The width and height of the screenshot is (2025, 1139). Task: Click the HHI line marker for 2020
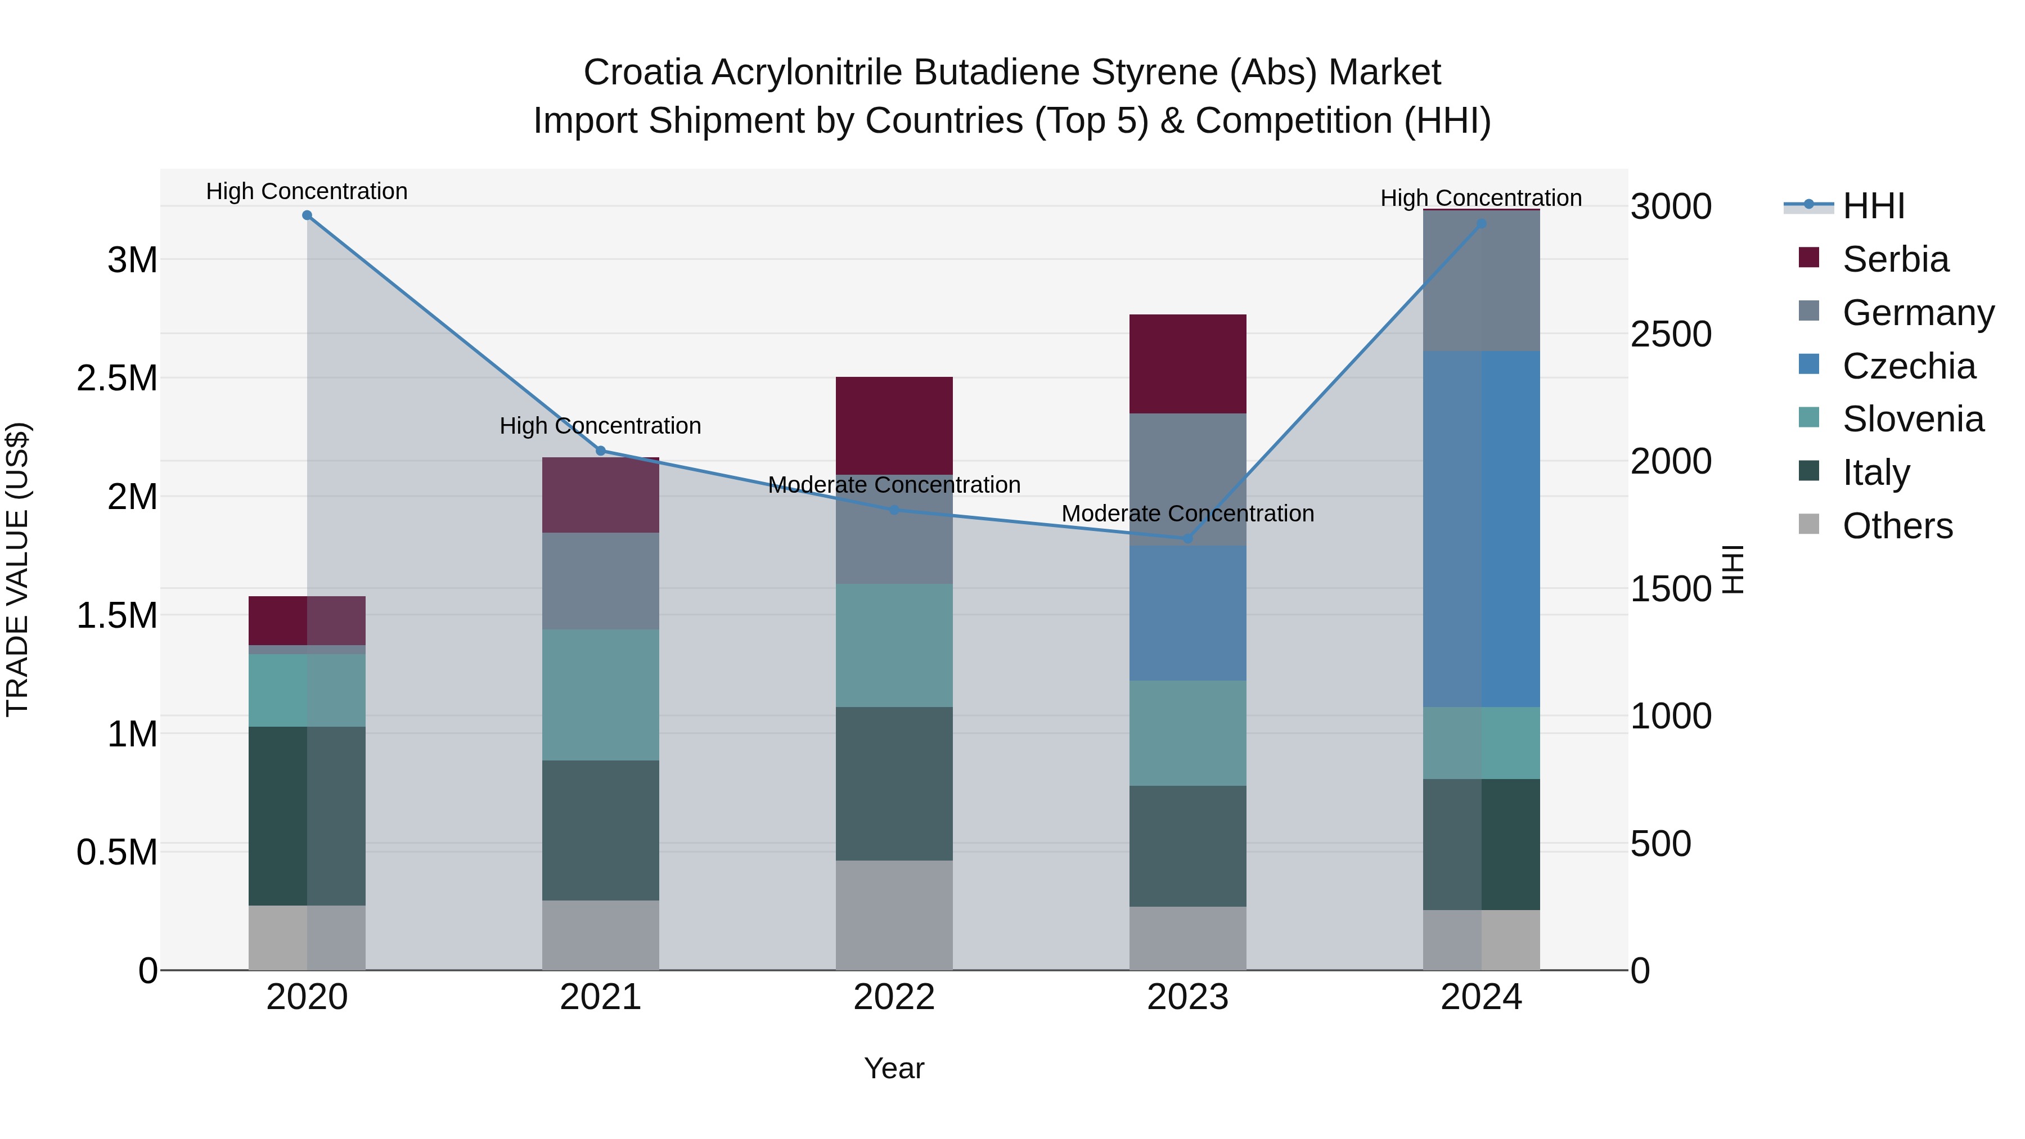coord(307,215)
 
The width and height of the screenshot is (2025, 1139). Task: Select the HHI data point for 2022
coord(894,510)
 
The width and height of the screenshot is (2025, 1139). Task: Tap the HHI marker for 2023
coord(1188,538)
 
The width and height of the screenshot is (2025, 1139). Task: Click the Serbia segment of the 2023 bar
coord(1188,364)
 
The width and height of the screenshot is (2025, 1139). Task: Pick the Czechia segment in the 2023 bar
coord(1188,613)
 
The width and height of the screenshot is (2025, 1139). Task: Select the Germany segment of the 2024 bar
coord(1481,281)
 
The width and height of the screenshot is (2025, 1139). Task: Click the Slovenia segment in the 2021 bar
coord(601,695)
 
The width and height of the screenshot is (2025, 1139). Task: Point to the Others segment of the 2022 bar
coord(894,915)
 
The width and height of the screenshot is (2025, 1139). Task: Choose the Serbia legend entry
coord(1895,259)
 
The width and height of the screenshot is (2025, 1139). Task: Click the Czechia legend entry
coord(1909,366)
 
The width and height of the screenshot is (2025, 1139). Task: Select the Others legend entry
coord(1897,526)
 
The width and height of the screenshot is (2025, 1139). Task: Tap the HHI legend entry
coord(1873,206)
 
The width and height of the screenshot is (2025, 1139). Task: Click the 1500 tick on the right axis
coord(1671,589)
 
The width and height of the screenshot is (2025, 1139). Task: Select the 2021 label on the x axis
coord(601,997)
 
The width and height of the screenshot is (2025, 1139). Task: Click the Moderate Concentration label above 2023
coord(1188,514)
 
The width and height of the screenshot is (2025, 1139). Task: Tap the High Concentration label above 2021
coord(601,426)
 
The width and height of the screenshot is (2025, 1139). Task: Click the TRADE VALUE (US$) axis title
coord(17,569)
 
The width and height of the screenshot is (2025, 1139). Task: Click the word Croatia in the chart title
coord(642,73)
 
